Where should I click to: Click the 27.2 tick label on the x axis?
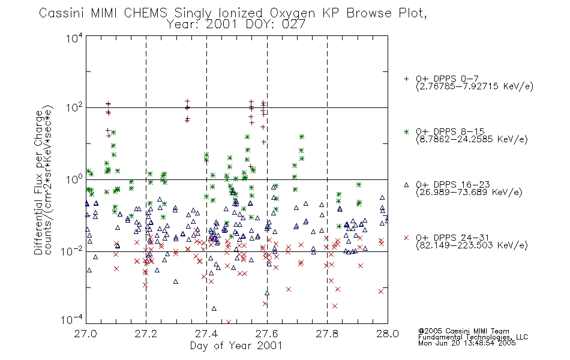(146, 334)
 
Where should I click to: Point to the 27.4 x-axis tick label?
(206, 334)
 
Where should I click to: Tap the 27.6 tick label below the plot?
(267, 334)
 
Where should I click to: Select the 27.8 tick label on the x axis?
(327, 334)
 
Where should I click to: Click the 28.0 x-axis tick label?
(388, 334)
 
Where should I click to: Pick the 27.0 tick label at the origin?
(85, 334)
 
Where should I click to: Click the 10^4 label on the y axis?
(74, 38)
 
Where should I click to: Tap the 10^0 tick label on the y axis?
(74, 180)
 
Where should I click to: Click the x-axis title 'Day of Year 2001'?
(236, 346)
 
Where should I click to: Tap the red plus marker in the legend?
(406, 79)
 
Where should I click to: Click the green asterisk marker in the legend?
(406, 131)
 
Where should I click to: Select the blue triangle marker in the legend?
(406, 185)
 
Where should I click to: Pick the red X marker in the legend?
(406, 238)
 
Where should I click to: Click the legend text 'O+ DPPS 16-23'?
(453, 184)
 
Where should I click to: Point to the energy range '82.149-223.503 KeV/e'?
(472, 245)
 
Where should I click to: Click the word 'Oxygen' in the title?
(293, 13)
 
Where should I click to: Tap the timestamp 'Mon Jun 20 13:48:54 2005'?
(467, 343)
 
